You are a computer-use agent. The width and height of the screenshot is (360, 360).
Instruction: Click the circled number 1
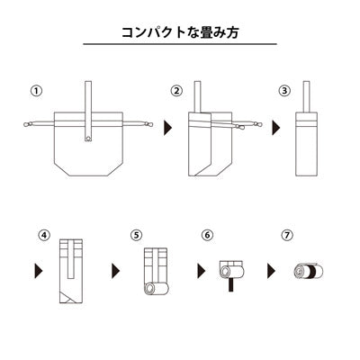click(35, 91)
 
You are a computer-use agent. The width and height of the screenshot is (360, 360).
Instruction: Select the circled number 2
click(176, 91)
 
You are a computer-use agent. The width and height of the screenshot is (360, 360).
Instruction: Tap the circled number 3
click(284, 91)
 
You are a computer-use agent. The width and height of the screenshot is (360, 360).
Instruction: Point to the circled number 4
click(44, 235)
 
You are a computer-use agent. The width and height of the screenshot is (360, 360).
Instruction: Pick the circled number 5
click(136, 235)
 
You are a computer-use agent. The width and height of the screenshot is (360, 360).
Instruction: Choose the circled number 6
click(208, 235)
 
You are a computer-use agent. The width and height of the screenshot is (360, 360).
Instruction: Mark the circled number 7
click(289, 235)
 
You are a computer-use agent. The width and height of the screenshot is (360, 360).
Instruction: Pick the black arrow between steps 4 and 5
click(116, 270)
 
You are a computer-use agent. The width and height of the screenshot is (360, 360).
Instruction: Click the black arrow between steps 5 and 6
click(195, 270)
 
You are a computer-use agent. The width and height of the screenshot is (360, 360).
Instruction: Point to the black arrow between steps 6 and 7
click(271, 270)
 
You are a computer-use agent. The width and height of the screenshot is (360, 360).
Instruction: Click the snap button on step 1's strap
click(88, 137)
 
